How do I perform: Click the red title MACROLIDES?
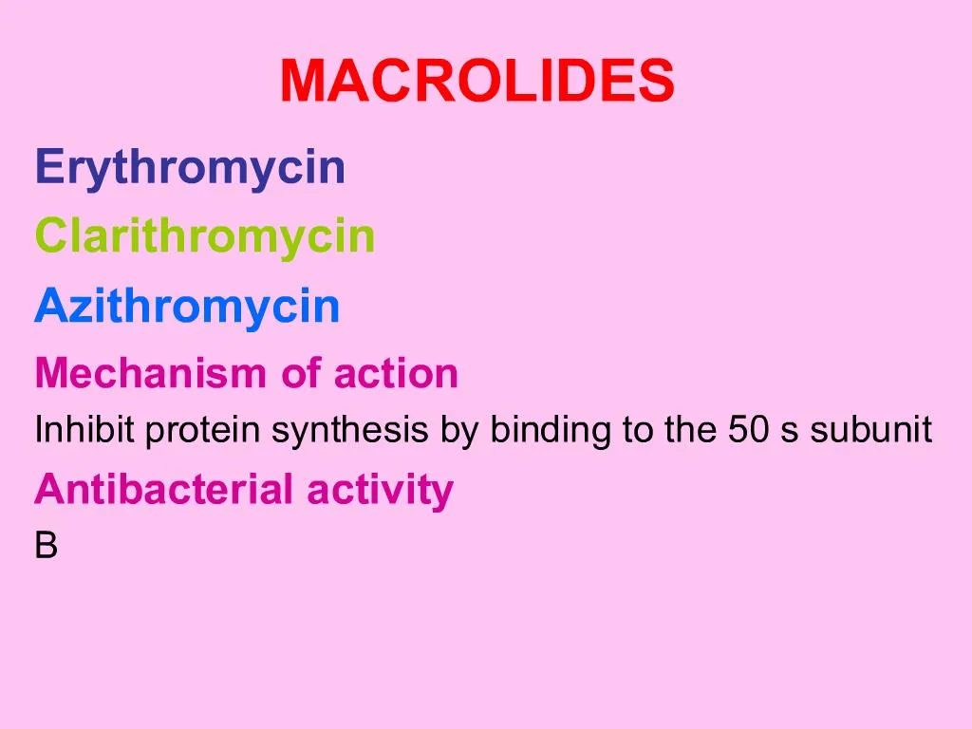(477, 82)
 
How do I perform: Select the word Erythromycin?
(190, 168)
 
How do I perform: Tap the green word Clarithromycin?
(205, 236)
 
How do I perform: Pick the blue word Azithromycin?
(187, 307)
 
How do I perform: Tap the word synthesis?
(352, 432)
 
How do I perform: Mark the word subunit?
(871, 431)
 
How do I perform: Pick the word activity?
(380, 491)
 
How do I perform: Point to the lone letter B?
(47, 547)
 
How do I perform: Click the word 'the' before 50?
(690, 431)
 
